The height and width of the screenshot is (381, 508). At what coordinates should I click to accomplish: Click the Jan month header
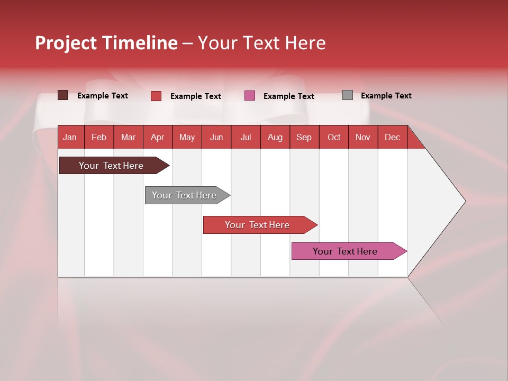(70, 137)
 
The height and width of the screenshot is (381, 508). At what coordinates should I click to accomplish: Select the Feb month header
(99, 137)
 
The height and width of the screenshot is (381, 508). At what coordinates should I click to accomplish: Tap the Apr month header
(157, 137)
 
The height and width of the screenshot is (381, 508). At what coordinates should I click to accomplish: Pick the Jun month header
(216, 137)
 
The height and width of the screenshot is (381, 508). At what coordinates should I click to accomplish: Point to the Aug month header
(275, 137)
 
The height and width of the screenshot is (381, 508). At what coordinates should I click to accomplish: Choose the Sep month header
(304, 137)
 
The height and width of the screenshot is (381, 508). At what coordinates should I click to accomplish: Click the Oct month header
(334, 137)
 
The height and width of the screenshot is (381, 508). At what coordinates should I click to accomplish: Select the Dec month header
(392, 137)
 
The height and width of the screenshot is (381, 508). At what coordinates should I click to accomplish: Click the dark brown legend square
(62, 95)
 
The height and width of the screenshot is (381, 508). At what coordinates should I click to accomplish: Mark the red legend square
(156, 96)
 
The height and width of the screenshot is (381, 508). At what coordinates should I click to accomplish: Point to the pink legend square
(250, 96)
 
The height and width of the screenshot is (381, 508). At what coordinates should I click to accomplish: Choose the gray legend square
(347, 95)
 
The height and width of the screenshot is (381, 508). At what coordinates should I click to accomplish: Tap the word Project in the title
(66, 43)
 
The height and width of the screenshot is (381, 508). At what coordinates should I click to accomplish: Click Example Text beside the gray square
(386, 96)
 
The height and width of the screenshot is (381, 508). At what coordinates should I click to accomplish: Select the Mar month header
(128, 137)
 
